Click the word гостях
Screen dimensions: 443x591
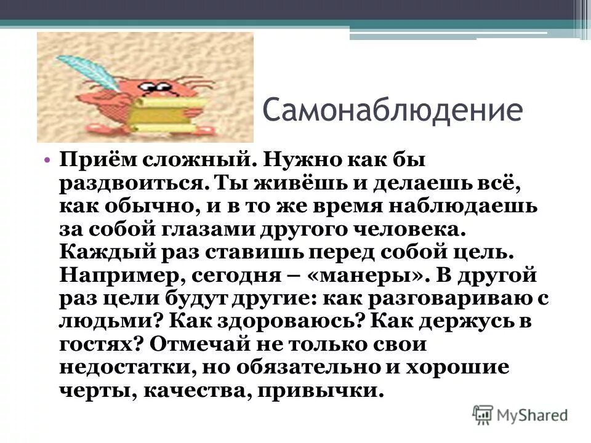[x=98, y=345]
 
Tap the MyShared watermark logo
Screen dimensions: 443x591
[x=521, y=414]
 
